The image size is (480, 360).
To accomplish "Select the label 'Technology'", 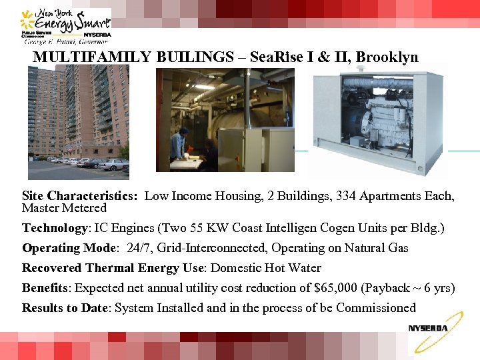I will click(x=55, y=228).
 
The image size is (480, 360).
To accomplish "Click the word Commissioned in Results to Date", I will click(x=376, y=308).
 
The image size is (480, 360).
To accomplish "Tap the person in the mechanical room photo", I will click(x=177, y=143).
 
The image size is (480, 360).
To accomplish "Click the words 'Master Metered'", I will click(x=64, y=208).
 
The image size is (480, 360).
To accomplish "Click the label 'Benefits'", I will click(x=47, y=288).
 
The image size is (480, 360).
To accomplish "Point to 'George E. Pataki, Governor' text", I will click(x=67, y=41).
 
